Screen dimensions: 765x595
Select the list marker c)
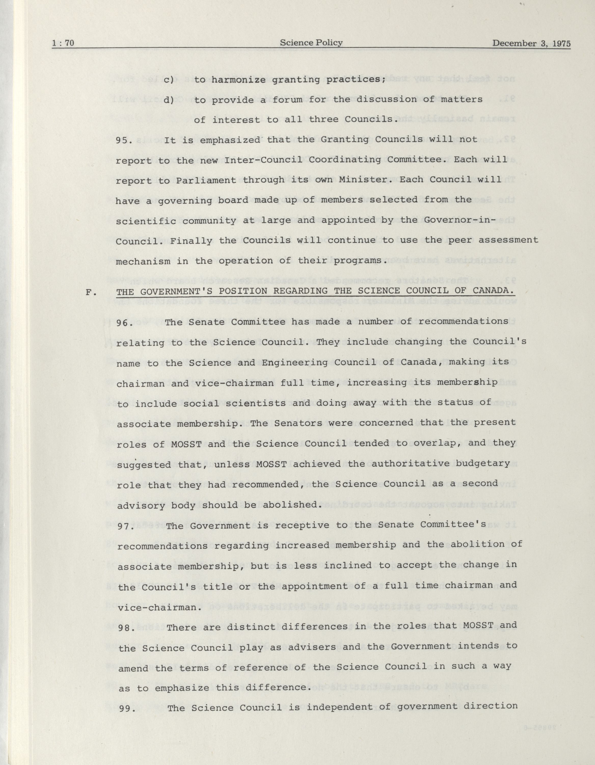[x=169, y=79]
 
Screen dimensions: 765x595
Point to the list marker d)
[x=169, y=100]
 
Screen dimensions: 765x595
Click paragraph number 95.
[x=124, y=140]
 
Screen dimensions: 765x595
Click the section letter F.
[x=91, y=292]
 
